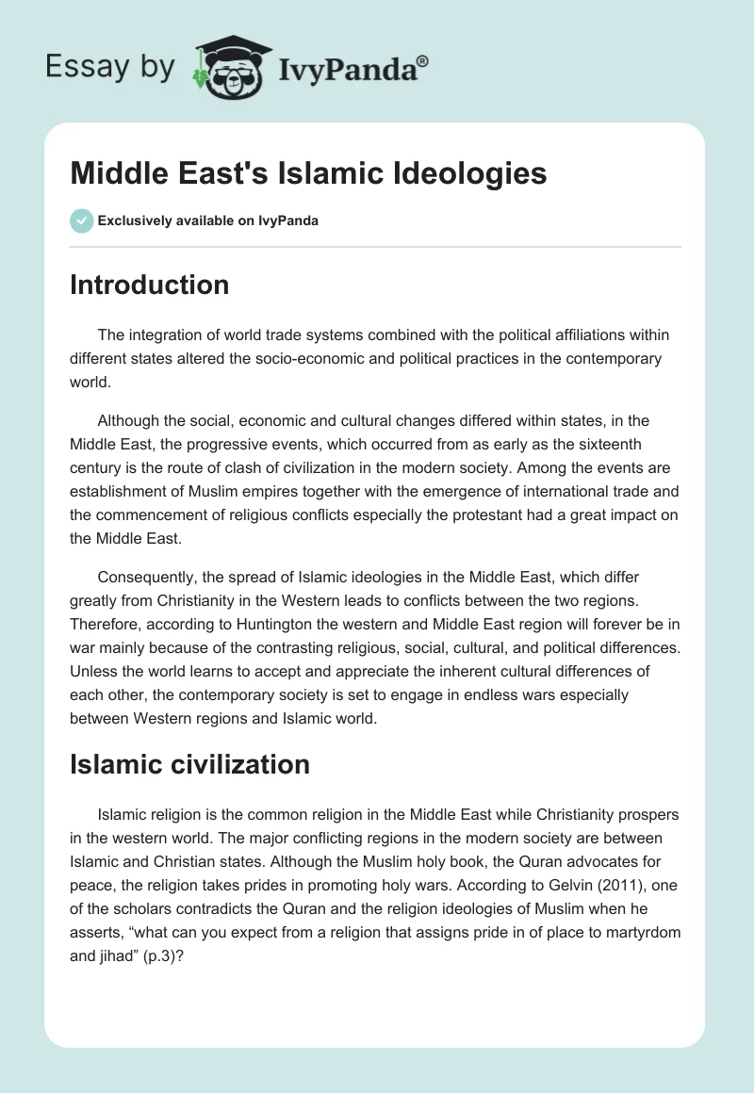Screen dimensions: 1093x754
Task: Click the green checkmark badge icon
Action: tap(81, 220)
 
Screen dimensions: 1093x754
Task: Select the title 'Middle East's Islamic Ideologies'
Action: tap(308, 173)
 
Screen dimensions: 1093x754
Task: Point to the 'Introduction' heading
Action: tap(149, 285)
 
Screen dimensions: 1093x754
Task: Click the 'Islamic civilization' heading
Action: tap(189, 764)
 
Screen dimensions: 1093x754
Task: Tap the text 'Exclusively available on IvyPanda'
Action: tap(208, 220)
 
